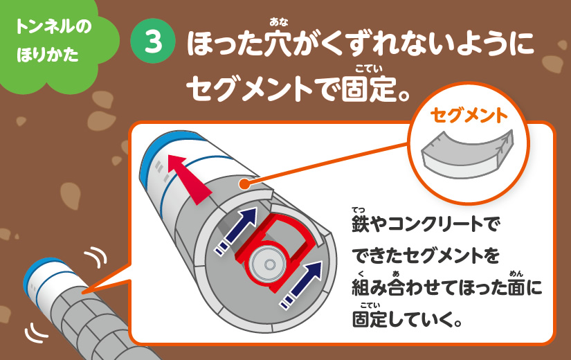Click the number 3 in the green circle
(x=154, y=41)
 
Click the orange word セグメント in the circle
(x=469, y=116)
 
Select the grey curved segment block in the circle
(x=468, y=154)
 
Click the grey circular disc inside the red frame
(x=269, y=264)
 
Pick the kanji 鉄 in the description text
(x=361, y=223)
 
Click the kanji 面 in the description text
(x=517, y=287)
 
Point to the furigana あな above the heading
(x=279, y=22)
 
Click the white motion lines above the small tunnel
(x=96, y=256)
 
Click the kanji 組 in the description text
(x=361, y=287)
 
